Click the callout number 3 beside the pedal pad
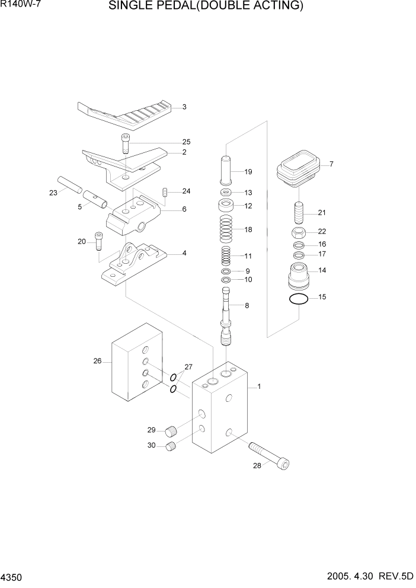click(x=184, y=107)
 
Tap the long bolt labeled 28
click(x=270, y=457)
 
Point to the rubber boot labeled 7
click(x=299, y=170)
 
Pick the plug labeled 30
click(x=171, y=447)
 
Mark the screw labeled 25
click(x=126, y=144)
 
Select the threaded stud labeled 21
click(x=300, y=213)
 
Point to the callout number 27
click(x=188, y=367)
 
